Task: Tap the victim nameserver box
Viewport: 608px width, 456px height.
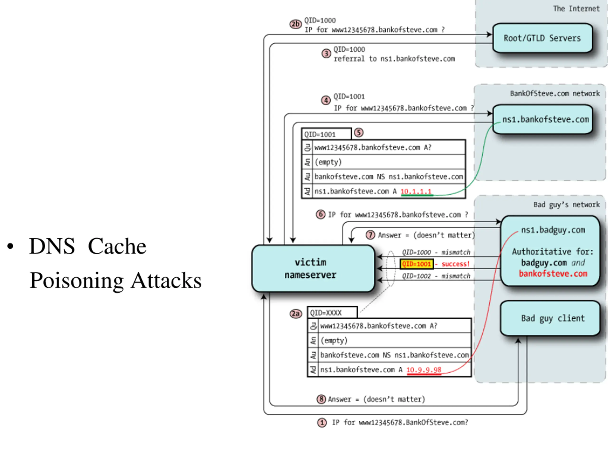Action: pos(313,268)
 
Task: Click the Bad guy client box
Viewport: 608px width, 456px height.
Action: pos(550,318)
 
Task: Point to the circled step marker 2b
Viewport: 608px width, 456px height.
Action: pos(295,24)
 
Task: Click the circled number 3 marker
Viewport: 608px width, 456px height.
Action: pos(326,53)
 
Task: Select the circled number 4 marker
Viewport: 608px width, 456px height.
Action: pos(326,100)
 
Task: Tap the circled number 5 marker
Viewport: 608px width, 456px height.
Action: pos(359,133)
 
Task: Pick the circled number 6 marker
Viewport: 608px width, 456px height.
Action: pos(320,214)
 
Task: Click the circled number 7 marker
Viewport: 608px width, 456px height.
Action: pos(370,235)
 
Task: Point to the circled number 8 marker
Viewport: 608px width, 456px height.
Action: pos(321,399)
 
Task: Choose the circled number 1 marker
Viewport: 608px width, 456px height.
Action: pos(322,423)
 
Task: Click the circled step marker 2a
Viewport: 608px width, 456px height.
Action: pos(296,314)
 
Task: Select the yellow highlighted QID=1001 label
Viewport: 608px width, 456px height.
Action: pos(416,264)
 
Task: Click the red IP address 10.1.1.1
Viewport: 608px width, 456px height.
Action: pos(416,191)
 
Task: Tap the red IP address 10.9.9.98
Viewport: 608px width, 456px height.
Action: pos(424,370)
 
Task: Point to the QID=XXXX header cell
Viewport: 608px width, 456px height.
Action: pos(332,313)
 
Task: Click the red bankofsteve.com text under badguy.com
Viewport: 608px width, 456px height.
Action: pos(553,274)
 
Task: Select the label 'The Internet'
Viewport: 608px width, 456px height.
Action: pos(576,9)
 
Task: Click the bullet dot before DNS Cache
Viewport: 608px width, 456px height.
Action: pos(10,246)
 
